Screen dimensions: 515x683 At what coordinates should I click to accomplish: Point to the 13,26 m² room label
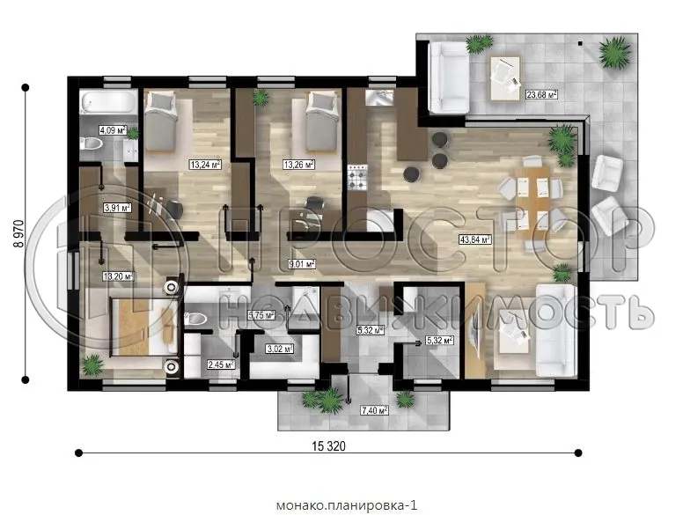pyautogui.click(x=298, y=164)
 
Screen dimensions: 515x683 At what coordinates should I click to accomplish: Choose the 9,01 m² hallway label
pyautogui.click(x=303, y=262)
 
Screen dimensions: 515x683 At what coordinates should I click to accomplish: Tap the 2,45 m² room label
pyautogui.click(x=220, y=364)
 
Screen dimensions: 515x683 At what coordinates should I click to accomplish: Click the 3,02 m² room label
pyautogui.click(x=279, y=349)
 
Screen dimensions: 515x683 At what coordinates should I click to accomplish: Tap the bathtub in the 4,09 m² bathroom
pyautogui.click(x=106, y=104)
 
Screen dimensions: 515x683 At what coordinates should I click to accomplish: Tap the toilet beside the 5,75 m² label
pyautogui.click(x=196, y=317)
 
